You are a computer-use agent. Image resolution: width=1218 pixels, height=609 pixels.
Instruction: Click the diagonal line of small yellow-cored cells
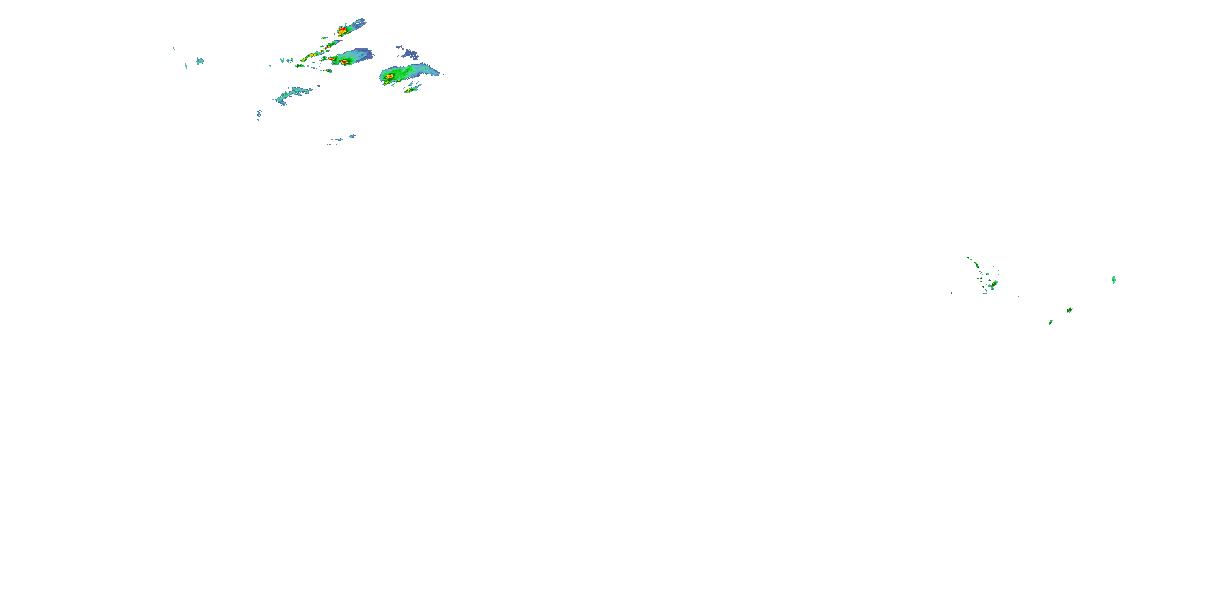click(314, 54)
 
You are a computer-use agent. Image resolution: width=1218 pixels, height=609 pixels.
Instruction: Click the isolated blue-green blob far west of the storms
click(200, 60)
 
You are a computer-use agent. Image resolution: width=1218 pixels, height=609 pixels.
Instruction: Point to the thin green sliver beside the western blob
click(186, 66)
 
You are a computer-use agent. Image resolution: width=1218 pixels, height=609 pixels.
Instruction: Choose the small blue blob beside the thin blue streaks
click(352, 137)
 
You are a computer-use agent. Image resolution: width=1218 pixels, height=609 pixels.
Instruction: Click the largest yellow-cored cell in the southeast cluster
click(994, 283)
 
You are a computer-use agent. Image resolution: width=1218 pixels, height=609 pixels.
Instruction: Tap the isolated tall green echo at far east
click(1114, 280)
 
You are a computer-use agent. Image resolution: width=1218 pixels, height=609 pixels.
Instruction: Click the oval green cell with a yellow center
click(1069, 310)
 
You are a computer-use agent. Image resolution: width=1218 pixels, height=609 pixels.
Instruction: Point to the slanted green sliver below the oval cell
click(1051, 322)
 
